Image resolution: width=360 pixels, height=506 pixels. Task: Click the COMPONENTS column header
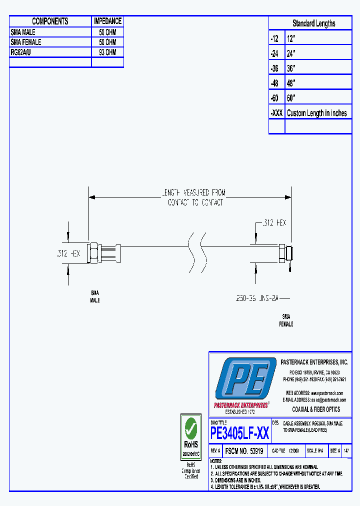coord(50,21)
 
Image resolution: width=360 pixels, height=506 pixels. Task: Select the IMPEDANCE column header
coord(107,21)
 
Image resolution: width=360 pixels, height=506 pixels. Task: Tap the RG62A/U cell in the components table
coord(50,52)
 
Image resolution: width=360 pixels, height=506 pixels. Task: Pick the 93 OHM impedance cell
coord(107,52)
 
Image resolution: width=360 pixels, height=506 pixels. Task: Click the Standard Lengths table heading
coord(313,23)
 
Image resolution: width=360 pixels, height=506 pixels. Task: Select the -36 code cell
coord(276,68)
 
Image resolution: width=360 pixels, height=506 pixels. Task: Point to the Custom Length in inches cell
coord(317,113)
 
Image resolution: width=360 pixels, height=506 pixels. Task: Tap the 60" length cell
coord(317,98)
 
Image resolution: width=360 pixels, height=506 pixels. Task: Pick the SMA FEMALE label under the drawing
coord(286,320)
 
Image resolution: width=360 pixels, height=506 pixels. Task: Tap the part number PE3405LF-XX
coord(240,433)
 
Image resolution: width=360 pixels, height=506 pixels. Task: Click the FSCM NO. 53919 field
coord(244,450)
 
